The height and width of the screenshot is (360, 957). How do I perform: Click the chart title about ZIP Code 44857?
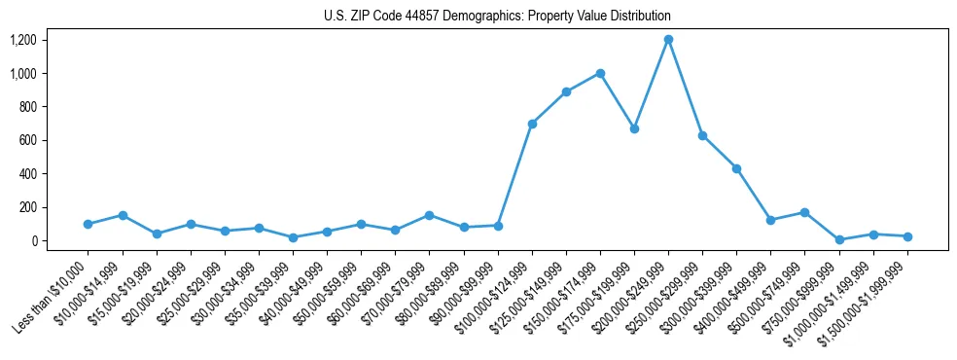(x=497, y=17)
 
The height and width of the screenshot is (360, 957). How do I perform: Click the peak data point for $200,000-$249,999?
(x=668, y=40)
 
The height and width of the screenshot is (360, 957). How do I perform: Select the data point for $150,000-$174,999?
(x=600, y=73)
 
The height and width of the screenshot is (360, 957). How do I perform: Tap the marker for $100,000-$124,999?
(x=532, y=124)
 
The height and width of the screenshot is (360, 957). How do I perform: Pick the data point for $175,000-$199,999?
(x=634, y=128)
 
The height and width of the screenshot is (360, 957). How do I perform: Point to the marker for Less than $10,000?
(x=89, y=224)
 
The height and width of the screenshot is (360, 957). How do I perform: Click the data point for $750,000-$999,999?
(x=839, y=239)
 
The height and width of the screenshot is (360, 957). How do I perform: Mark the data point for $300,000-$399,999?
(x=736, y=168)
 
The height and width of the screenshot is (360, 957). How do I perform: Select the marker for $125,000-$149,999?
(x=566, y=91)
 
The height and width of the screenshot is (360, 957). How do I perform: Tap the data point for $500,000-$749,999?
(x=804, y=212)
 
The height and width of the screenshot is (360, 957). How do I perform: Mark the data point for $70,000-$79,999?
(x=429, y=215)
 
